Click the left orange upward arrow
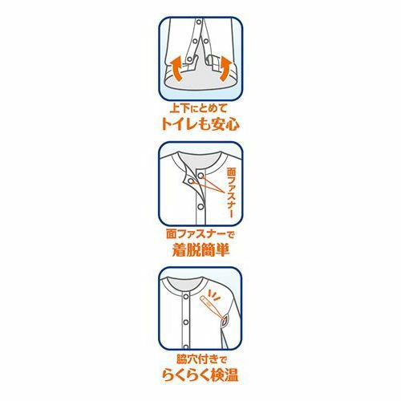(176, 68)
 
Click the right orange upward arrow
(225, 69)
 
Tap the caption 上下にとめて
(199, 109)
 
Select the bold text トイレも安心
(200, 124)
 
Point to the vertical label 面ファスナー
(231, 192)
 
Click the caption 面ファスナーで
(200, 234)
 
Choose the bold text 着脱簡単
(200, 250)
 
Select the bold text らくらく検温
(200, 375)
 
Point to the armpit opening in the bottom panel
(224, 321)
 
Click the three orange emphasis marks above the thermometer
(214, 295)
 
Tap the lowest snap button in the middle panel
(200, 206)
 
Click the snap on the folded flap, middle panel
(190, 181)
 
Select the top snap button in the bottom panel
(186, 297)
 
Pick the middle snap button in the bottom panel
(186, 322)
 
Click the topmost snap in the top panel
(199, 21)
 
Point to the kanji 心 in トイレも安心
(232, 124)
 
